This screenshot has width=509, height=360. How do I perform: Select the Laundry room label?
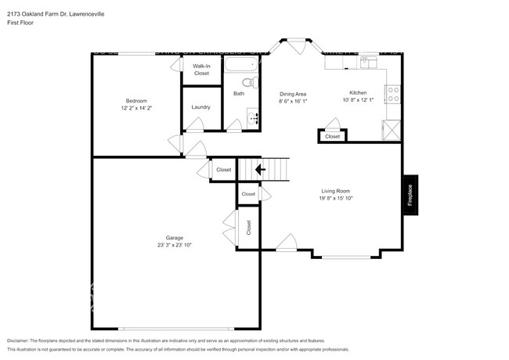(200, 107)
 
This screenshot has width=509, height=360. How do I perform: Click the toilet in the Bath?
(247, 82)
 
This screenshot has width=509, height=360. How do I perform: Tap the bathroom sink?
(253, 119)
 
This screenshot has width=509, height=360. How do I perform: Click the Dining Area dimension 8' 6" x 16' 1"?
(293, 101)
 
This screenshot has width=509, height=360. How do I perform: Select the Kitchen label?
(358, 93)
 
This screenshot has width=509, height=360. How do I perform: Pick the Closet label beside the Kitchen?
(333, 136)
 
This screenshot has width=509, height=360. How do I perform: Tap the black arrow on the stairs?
(261, 168)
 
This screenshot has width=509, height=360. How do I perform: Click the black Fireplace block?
(410, 194)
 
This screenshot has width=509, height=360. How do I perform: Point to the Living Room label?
(335, 191)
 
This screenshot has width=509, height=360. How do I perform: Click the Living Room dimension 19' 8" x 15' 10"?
(336, 199)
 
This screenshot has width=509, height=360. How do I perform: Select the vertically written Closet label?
(248, 227)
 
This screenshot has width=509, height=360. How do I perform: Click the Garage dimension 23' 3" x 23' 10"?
(173, 245)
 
